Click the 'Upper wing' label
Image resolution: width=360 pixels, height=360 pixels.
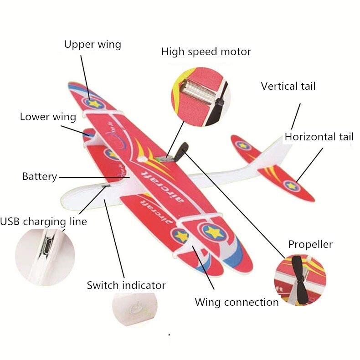[x=93, y=45]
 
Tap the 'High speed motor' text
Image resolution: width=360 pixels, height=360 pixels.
[x=206, y=52]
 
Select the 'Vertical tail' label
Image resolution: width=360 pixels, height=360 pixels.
[x=288, y=86]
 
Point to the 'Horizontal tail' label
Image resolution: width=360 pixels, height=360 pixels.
[x=319, y=137]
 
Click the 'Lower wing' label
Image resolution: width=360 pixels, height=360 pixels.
[x=48, y=117]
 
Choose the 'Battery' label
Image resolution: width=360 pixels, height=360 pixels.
[x=40, y=176]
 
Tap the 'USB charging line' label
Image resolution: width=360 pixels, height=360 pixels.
[x=43, y=222]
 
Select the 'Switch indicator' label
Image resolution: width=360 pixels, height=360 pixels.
[x=126, y=286]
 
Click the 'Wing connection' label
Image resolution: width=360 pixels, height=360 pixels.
[x=237, y=302]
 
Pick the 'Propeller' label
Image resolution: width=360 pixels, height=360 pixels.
[x=310, y=245]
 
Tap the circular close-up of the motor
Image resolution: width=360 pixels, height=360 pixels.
[x=201, y=96]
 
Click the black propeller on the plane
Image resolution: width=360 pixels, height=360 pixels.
[x=182, y=152]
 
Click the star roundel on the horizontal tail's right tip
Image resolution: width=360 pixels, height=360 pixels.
[x=291, y=185]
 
